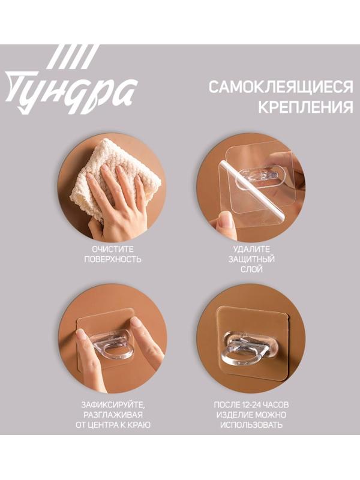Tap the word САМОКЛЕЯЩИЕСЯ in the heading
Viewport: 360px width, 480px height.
(280, 88)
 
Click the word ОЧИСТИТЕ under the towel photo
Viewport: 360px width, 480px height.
(113, 248)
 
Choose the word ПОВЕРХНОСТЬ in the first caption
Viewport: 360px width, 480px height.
(113, 259)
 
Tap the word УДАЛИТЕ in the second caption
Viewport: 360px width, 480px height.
(251, 248)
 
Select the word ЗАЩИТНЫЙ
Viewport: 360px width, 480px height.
(251, 259)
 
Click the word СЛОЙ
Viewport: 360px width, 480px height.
(251, 270)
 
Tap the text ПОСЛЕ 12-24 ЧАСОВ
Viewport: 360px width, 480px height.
(251, 404)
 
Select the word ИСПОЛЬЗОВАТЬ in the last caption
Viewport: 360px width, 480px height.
(251, 425)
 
